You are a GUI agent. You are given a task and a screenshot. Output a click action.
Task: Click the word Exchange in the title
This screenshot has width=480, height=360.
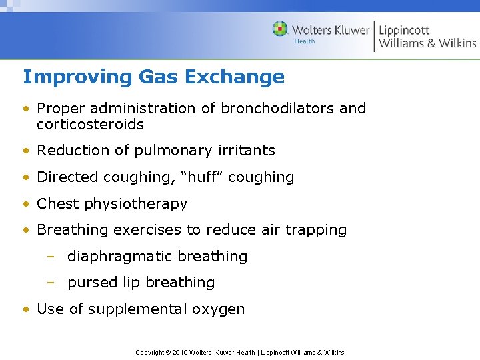tap(234, 77)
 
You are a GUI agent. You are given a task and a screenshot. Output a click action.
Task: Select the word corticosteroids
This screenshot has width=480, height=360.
tap(90, 124)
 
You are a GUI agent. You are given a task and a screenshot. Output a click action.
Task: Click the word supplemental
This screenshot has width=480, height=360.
tap(132, 309)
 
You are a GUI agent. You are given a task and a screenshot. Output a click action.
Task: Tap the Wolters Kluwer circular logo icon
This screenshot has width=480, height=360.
tap(280, 29)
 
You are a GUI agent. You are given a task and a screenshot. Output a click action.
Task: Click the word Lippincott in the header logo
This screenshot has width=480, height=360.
tap(404, 31)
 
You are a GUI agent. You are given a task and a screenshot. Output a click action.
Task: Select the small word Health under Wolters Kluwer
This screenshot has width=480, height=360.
tap(305, 41)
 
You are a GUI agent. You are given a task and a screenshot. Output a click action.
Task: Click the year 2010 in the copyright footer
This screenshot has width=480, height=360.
tap(180, 352)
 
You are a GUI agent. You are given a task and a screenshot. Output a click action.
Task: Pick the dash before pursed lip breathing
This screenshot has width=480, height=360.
tap(51, 283)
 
